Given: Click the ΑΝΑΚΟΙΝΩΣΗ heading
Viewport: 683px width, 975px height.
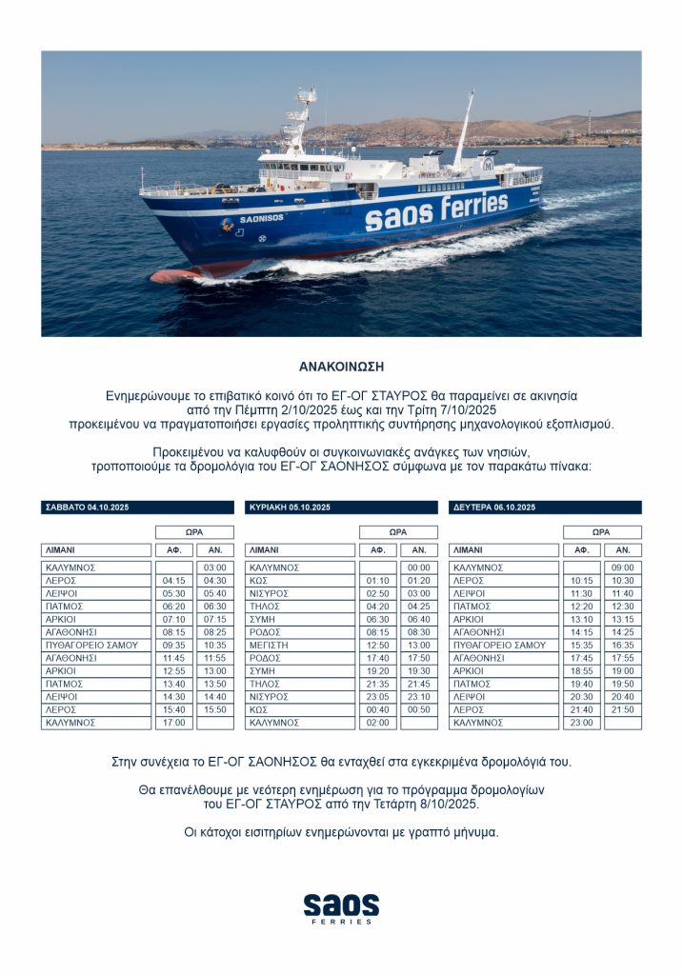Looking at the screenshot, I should pyautogui.click(x=341, y=366).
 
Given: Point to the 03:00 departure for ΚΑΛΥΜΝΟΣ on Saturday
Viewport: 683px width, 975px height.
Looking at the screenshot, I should pyautogui.click(x=214, y=568).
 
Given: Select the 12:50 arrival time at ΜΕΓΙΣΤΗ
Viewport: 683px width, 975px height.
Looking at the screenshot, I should pyautogui.click(x=377, y=646).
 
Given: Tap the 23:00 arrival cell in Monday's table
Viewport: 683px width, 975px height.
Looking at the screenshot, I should pyautogui.click(x=581, y=723).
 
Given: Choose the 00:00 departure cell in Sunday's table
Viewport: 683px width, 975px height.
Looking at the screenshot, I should pyautogui.click(x=418, y=568).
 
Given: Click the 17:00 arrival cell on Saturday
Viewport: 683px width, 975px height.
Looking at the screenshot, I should pyautogui.click(x=173, y=723).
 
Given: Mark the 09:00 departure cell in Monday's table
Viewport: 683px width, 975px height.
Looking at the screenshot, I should pyautogui.click(x=622, y=568).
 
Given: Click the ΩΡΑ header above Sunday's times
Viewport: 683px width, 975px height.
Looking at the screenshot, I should pyautogui.click(x=398, y=532).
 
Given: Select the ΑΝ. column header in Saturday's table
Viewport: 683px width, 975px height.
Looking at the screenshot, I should pyautogui.click(x=214, y=550).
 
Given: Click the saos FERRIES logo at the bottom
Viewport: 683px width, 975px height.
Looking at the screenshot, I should pyautogui.click(x=341, y=907).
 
